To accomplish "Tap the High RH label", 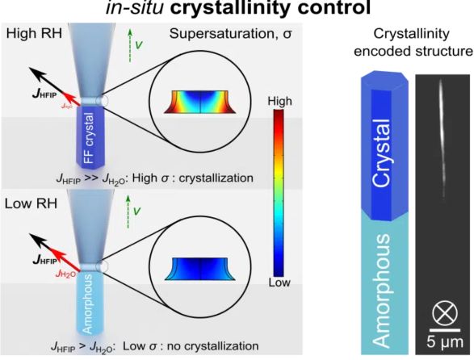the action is pos(34,33).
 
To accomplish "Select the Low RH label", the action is pos(31,203).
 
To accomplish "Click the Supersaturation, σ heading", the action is pos(231,34).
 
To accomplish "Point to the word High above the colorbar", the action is pos(280,101).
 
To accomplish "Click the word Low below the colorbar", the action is pos(279,283).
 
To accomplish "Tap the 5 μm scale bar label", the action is pos(445,342).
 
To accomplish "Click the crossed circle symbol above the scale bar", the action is pos(445,314).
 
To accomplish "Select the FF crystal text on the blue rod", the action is pos(89,138).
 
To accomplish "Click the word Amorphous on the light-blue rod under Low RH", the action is pos(87,304).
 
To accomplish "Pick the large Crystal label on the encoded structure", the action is pos(381,153).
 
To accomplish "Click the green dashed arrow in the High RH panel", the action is pos(130,45).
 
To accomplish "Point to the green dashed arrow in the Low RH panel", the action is pos(128,211).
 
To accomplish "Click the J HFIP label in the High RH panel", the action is pos(44,94).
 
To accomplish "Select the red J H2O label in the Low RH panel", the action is pos(65,274).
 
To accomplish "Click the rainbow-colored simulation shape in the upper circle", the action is pos(199,102).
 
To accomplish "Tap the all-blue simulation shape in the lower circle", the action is pos(199,269).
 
